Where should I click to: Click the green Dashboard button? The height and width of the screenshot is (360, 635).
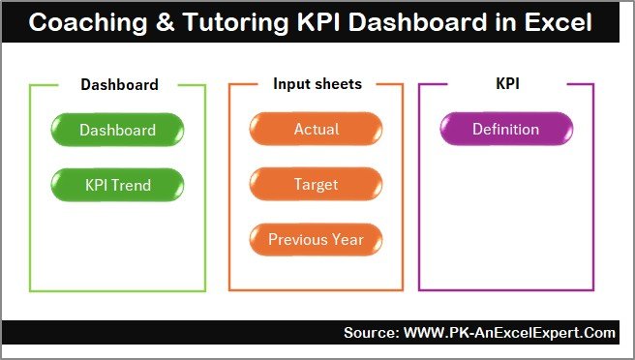(x=117, y=130)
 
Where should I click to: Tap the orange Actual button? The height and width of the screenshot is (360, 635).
(x=316, y=130)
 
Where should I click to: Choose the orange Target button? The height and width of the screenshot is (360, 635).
(x=316, y=183)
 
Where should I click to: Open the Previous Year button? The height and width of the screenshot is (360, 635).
(x=316, y=239)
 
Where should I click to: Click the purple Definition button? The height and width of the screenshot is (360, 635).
(x=505, y=130)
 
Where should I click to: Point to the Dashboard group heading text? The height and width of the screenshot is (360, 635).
(x=118, y=84)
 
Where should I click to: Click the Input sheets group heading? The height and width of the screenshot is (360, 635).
(x=317, y=84)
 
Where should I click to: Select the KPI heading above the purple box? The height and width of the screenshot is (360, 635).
(x=507, y=84)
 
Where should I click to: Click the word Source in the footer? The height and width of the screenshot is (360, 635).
(x=371, y=333)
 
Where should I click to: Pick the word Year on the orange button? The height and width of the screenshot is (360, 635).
(x=348, y=239)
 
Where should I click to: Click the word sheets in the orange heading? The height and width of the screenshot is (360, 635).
(x=339, y=84)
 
